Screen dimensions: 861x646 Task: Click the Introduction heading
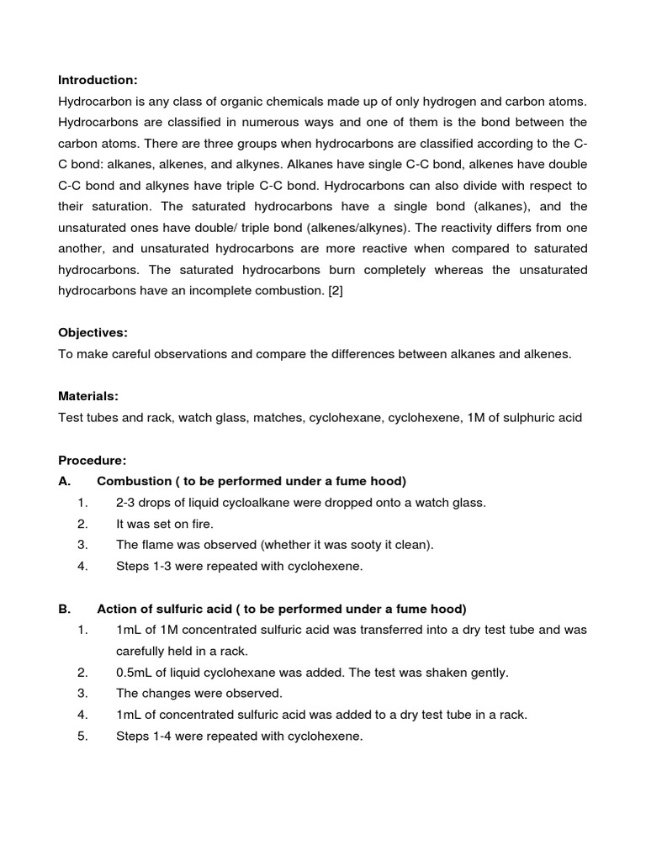pos(97,80)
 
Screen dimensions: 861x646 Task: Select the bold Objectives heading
pos(93,333)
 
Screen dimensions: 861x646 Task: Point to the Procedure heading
pos(92,460)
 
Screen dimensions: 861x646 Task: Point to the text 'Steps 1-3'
pos(144,566)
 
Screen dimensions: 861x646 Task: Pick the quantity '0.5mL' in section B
pos(135,673)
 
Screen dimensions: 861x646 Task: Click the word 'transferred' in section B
pos(363,630)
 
